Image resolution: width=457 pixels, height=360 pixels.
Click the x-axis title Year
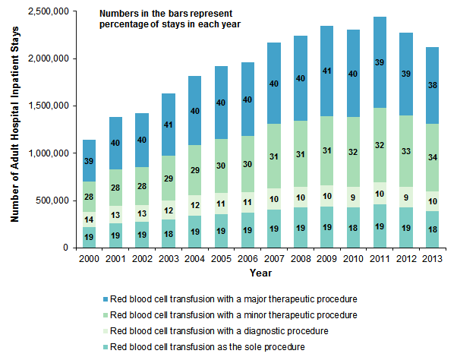tap(261, 272)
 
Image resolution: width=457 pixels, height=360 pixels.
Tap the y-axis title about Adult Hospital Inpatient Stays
tap(14, 134)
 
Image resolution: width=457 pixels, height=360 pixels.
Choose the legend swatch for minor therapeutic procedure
tap(102, 314)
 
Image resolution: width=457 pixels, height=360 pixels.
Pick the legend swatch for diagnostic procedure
tap(102, 330)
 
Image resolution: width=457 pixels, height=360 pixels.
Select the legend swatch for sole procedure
tap(102, 347)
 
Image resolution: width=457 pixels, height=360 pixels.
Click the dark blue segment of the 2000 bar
tap(90, 161)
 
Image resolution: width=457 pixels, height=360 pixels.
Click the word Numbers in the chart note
tap(119, 14)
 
